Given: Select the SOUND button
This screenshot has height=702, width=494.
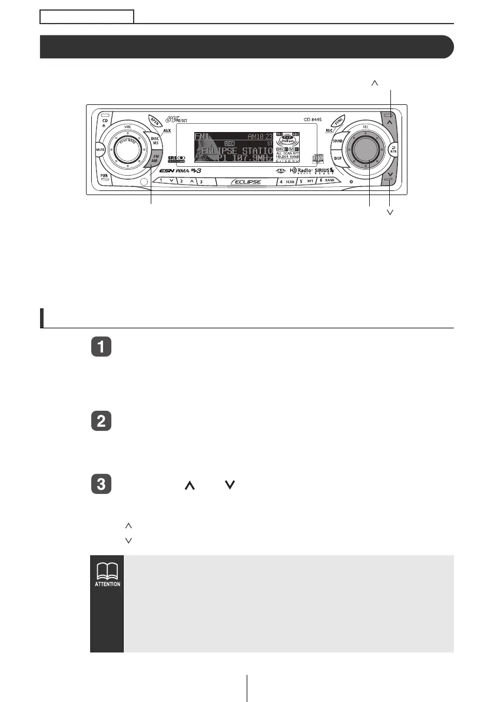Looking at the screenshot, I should click(x=337, y=141).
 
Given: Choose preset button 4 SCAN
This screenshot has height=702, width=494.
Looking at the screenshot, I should click(x=287, y=182).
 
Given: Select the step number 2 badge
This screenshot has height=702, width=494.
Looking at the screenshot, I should click(x=102, y=422).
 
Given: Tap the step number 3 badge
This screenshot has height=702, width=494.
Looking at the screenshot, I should click(x=102, y=485).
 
